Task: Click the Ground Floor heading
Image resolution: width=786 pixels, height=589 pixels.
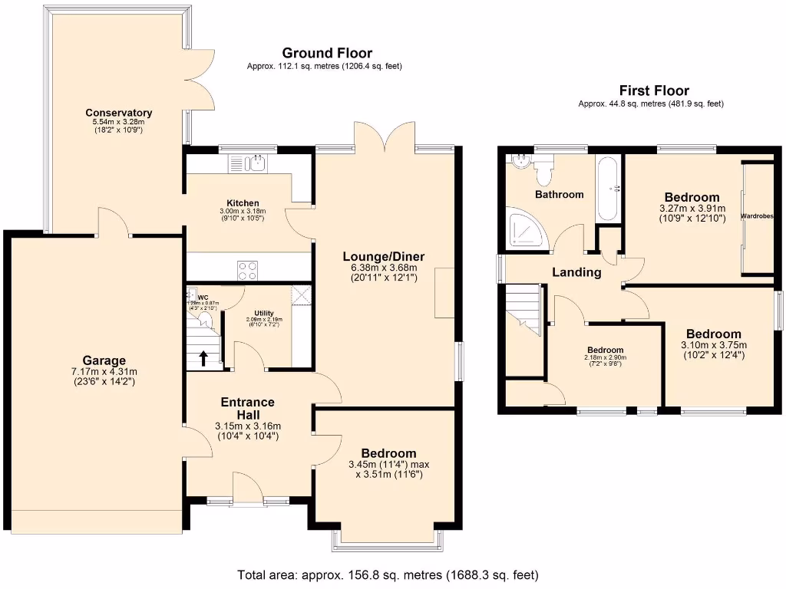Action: [327, 53]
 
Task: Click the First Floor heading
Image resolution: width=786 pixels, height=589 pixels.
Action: [654, 90]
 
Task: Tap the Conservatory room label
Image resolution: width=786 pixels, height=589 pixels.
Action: [118, 113]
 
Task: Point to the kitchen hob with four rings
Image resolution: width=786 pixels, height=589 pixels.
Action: [247, 270]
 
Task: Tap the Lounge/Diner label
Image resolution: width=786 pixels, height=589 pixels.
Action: [384, 256]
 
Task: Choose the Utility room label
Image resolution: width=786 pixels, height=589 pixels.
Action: [264, 312]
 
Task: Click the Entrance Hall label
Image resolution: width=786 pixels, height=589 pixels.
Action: [247, 408]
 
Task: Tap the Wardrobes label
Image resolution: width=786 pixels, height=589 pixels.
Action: [757, 217]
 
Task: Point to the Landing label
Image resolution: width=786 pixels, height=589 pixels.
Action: [576, 272]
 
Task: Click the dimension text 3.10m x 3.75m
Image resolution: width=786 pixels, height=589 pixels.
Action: [714, 345]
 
